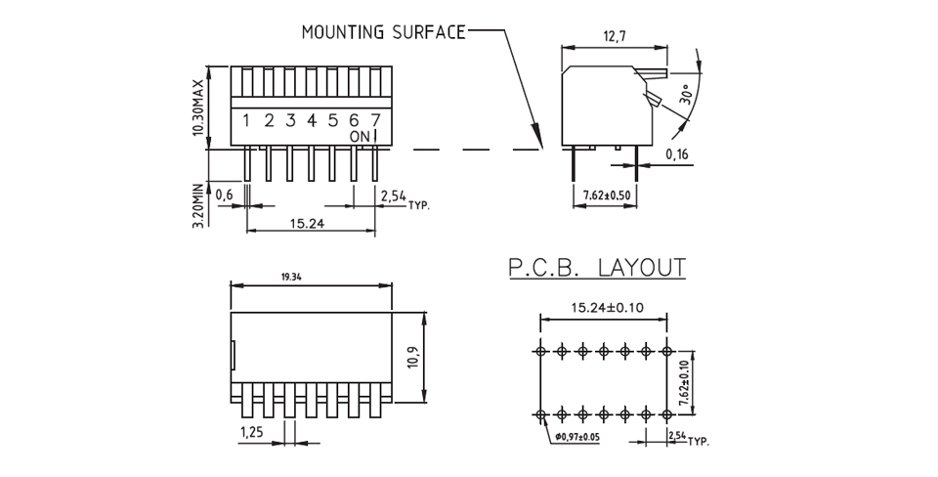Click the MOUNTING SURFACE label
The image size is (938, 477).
[384, 32]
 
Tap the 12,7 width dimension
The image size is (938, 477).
[614, 36]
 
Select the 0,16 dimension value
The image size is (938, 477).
[676, 153]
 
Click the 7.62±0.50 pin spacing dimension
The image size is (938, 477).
[607, 195]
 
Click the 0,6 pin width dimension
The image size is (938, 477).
[224, 195]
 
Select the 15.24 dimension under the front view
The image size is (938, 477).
[308, 222]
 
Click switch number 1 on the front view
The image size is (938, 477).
[246, 120]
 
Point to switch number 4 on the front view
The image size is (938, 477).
[311, 120]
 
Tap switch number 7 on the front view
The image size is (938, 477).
[376, 120]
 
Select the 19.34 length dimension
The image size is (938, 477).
[290, 277]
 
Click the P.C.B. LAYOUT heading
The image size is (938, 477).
[595, 267]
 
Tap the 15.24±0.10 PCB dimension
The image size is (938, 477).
[602, 308]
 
